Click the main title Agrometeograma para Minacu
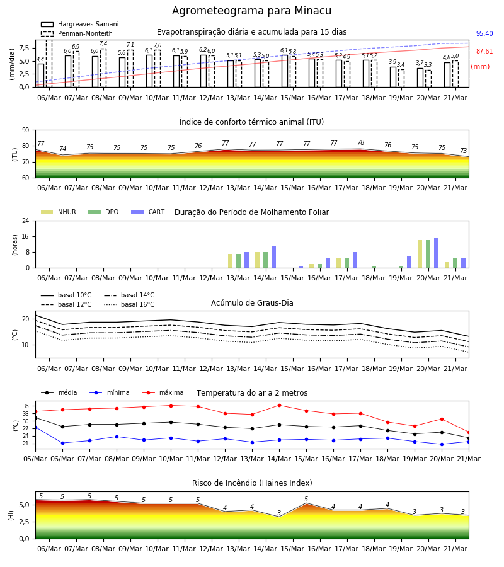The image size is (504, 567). pyautogui.click(x=251, y=11)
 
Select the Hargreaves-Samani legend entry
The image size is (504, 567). pyautogui.click(x=79, y=24)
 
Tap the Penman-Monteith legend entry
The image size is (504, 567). pyautogui.click(x=77, y=33)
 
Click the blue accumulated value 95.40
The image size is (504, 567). pyautogui.click(x=484, y=33)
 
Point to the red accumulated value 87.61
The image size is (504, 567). pyautogui.click(x=484, y=52)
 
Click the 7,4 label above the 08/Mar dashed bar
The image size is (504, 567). pyautogui.click(x=103, y=43)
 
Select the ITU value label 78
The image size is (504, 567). pyautogui.click(x=361, y=142)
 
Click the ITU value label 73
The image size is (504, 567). pyautogui.click(x=463, y=151)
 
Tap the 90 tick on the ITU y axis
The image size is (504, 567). pyautogui.click(x=26, y=130)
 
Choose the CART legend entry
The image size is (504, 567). pyautogui.click(x=148, y=212)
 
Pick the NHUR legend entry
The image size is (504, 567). pyautogui.click(x=59, y=212)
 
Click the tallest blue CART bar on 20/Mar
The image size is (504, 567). pyautogui.click(x=437, y=253)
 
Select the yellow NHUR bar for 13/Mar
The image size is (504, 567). pyautogui.click(x=231, y=261)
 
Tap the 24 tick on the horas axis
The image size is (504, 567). pyautogui.click(x=26, y=221)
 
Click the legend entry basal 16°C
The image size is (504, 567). pyautogui.click(x=129, y=304)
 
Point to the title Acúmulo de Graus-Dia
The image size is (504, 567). pyautogui.click(x=252, y=303)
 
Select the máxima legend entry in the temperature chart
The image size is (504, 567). pyautogui.click(x=163, y=392)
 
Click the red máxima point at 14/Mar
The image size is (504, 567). pyautogui.click(x=280, y=405)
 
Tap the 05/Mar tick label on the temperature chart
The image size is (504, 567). pyautogui.click(x=35, y=459)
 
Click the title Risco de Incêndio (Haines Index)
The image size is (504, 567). pyautogui.click(x=252, y=483)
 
